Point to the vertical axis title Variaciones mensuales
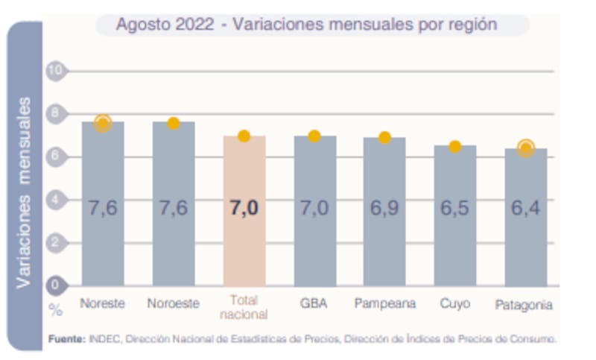coord(25,192)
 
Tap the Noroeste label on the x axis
coord(174,304)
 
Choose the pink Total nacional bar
coord(244,224)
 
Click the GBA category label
coord(314,304)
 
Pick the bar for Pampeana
coord(384,224)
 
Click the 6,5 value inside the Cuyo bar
coord(454,208)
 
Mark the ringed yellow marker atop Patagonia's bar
coord(526,148)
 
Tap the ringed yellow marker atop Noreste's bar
coord(103,123)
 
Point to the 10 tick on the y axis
coord(56,71)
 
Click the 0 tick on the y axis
coord(56,285)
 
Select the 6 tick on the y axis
coord(56,157)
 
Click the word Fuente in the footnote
coord(67,338)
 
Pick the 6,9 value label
coord(384,208)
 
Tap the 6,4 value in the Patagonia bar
coord(526,208)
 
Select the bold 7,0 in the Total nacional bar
coord(244,208)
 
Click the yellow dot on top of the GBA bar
coord(314,136)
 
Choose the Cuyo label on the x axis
coord(454,304)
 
